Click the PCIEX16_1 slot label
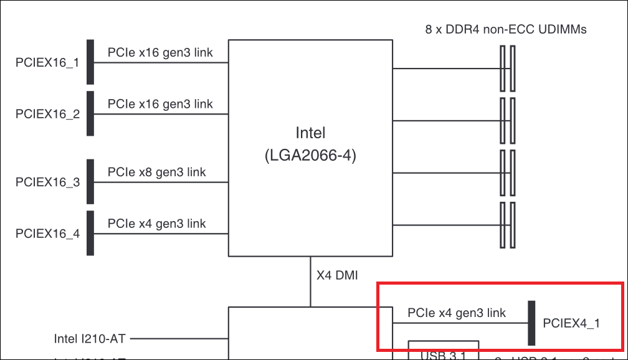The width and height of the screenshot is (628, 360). (x=47, y=63)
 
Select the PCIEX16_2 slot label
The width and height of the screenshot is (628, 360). (x=47, y=115)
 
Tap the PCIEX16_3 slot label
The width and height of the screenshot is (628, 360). (x=47, y=182)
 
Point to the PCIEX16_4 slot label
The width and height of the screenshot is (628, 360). (x=47, y=234)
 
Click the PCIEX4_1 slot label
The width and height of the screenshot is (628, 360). (x=571, y=323)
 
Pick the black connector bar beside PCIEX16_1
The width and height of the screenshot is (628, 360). (x=90, y=63)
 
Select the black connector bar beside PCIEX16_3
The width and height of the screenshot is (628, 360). (x=90, y=182)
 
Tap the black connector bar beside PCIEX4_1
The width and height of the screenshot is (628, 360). (x=531, y=323)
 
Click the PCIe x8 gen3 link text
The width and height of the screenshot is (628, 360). (x=156, y=172)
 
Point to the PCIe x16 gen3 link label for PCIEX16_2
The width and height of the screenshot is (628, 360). (x=160, y=103)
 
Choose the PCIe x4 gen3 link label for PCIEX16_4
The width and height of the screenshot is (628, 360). (x=156, y=224)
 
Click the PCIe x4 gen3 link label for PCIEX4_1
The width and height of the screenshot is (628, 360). (x=457, y=313)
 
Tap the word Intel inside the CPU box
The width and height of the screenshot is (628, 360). (x=310, y=133)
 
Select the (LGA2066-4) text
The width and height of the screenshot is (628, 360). (x=310, y=156)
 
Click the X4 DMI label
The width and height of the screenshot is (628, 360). (x=338, y=275)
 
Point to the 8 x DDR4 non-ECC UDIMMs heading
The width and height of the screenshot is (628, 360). (x=506, y=29)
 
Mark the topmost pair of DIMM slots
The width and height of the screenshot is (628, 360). (x=507, y=69)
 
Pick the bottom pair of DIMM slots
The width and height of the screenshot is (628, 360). (x=507, y=224)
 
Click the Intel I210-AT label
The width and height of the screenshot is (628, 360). (x=90, y=339)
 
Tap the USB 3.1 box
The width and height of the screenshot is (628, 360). (x=443, y=351)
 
